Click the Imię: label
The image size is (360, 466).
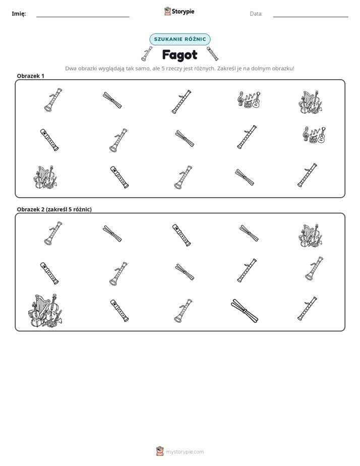[19, 14]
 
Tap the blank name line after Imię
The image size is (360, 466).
[83, 17]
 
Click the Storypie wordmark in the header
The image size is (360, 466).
[183, 12]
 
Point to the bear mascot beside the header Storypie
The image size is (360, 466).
[167, 11]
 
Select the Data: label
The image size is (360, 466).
[256, 14]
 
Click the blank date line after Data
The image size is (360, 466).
[311, 17]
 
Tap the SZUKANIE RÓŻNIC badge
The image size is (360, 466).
[180, 39]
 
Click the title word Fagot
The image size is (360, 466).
[179, 55]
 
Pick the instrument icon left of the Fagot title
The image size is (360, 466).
[147, 54]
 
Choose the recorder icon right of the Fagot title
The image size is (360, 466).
[212, 53]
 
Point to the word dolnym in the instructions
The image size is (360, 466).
[261, 69]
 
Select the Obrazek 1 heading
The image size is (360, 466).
[31, 76]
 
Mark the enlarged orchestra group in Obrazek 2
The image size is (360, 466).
[45, 311]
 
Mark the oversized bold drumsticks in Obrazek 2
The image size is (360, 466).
[245, 311]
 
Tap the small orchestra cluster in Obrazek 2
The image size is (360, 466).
[311, 236]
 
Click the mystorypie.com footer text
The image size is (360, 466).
[185, 452]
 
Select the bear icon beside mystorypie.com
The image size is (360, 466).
[160, 451]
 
